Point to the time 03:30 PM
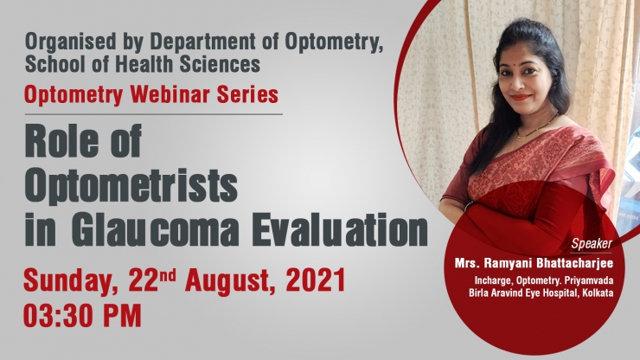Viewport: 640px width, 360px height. (82, 315)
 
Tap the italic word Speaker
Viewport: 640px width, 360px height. (592, 244)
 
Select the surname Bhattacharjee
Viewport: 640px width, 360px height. (575, 263)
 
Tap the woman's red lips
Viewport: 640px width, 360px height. (522, 97)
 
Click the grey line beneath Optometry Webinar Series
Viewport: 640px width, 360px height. (153, 114)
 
